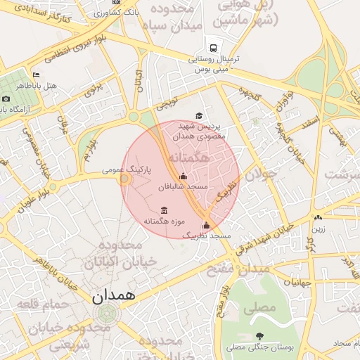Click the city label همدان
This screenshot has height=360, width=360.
[x=112, y=295]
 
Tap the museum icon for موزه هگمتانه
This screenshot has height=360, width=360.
[x=164, y=210]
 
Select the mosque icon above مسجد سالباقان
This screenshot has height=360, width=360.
[x=184, y=176]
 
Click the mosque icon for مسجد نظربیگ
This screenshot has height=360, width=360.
[x=206, y=226]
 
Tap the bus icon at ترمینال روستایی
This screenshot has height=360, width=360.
[x=213, y=48]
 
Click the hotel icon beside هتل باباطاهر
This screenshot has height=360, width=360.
[x=37, y=75]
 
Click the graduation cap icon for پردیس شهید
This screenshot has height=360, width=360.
[x=199, y=115]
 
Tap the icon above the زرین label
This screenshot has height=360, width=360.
[x=319, y=218]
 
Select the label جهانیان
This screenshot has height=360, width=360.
[x=297, y=283]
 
